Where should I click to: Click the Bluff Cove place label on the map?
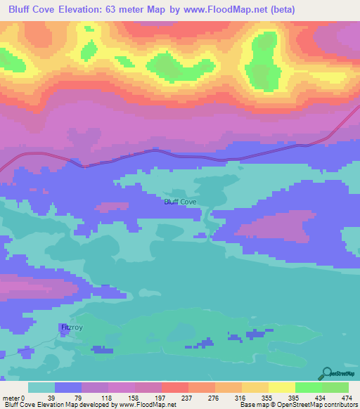coord(179,202)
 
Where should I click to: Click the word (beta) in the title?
coord(280,9)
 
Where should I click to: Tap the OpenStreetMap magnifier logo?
coord(328,373)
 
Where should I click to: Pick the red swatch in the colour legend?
coord(174,387)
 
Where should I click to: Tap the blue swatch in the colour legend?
coord(68,387)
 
